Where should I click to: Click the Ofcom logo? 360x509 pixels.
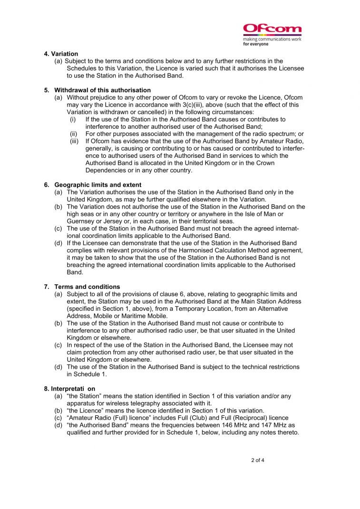click(272, 29)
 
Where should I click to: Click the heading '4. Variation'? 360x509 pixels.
click(61, 54)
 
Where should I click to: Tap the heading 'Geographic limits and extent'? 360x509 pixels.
click(97, 184)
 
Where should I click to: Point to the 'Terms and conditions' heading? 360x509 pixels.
click(87, 287)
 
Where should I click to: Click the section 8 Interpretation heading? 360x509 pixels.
click(69, 389)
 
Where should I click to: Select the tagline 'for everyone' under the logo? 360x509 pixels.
click(256, 44)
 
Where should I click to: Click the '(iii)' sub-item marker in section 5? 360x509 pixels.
click(74, 141)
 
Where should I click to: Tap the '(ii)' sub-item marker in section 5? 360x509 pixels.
click(74, 134)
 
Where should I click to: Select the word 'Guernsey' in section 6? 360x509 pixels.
click(81, 221)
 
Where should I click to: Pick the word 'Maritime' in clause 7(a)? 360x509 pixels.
click(136, 316)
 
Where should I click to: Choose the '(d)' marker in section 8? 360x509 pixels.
click(58, 425)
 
